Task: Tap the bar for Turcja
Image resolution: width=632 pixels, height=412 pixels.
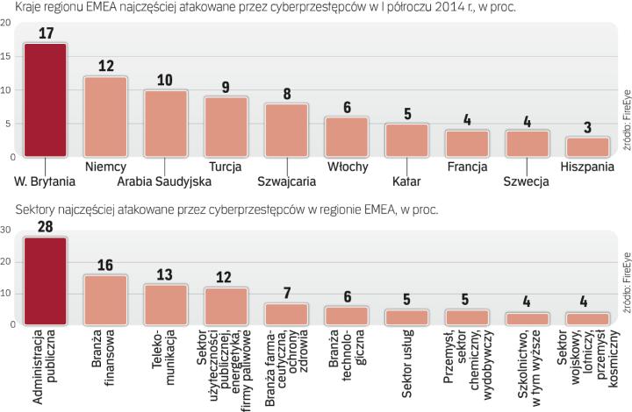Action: tap(226, 126)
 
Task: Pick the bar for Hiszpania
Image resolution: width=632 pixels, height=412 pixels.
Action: tap(587, 146)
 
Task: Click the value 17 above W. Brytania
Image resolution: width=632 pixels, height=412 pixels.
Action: tap(45, 33)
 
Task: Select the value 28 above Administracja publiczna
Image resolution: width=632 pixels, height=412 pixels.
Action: tap(45, 228)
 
